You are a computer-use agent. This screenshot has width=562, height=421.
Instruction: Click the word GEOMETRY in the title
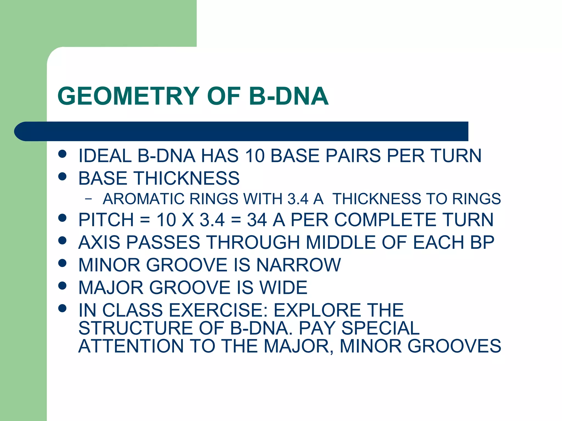pos(128,96)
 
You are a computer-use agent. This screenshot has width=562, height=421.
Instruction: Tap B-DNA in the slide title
pos(289,96)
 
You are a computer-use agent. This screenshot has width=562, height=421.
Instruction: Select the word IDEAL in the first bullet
pos(105,156)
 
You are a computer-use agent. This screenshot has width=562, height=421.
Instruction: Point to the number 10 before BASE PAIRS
pos(255,156)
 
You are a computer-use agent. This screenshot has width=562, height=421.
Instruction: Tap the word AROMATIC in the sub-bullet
pos(143,199)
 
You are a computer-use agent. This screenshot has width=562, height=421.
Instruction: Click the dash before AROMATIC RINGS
pos(88,199)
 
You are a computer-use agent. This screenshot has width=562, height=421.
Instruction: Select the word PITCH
pos(106,220)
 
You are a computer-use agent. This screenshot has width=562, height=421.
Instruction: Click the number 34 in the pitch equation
pos(257,220)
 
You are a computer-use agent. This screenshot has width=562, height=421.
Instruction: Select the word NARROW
pos(298,265)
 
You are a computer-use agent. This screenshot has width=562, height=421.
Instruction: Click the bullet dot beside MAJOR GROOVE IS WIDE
pos(63,286)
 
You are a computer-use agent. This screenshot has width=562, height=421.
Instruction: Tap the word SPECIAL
pos(380,328)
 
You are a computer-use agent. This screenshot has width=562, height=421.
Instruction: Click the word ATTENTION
pos(131,346)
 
